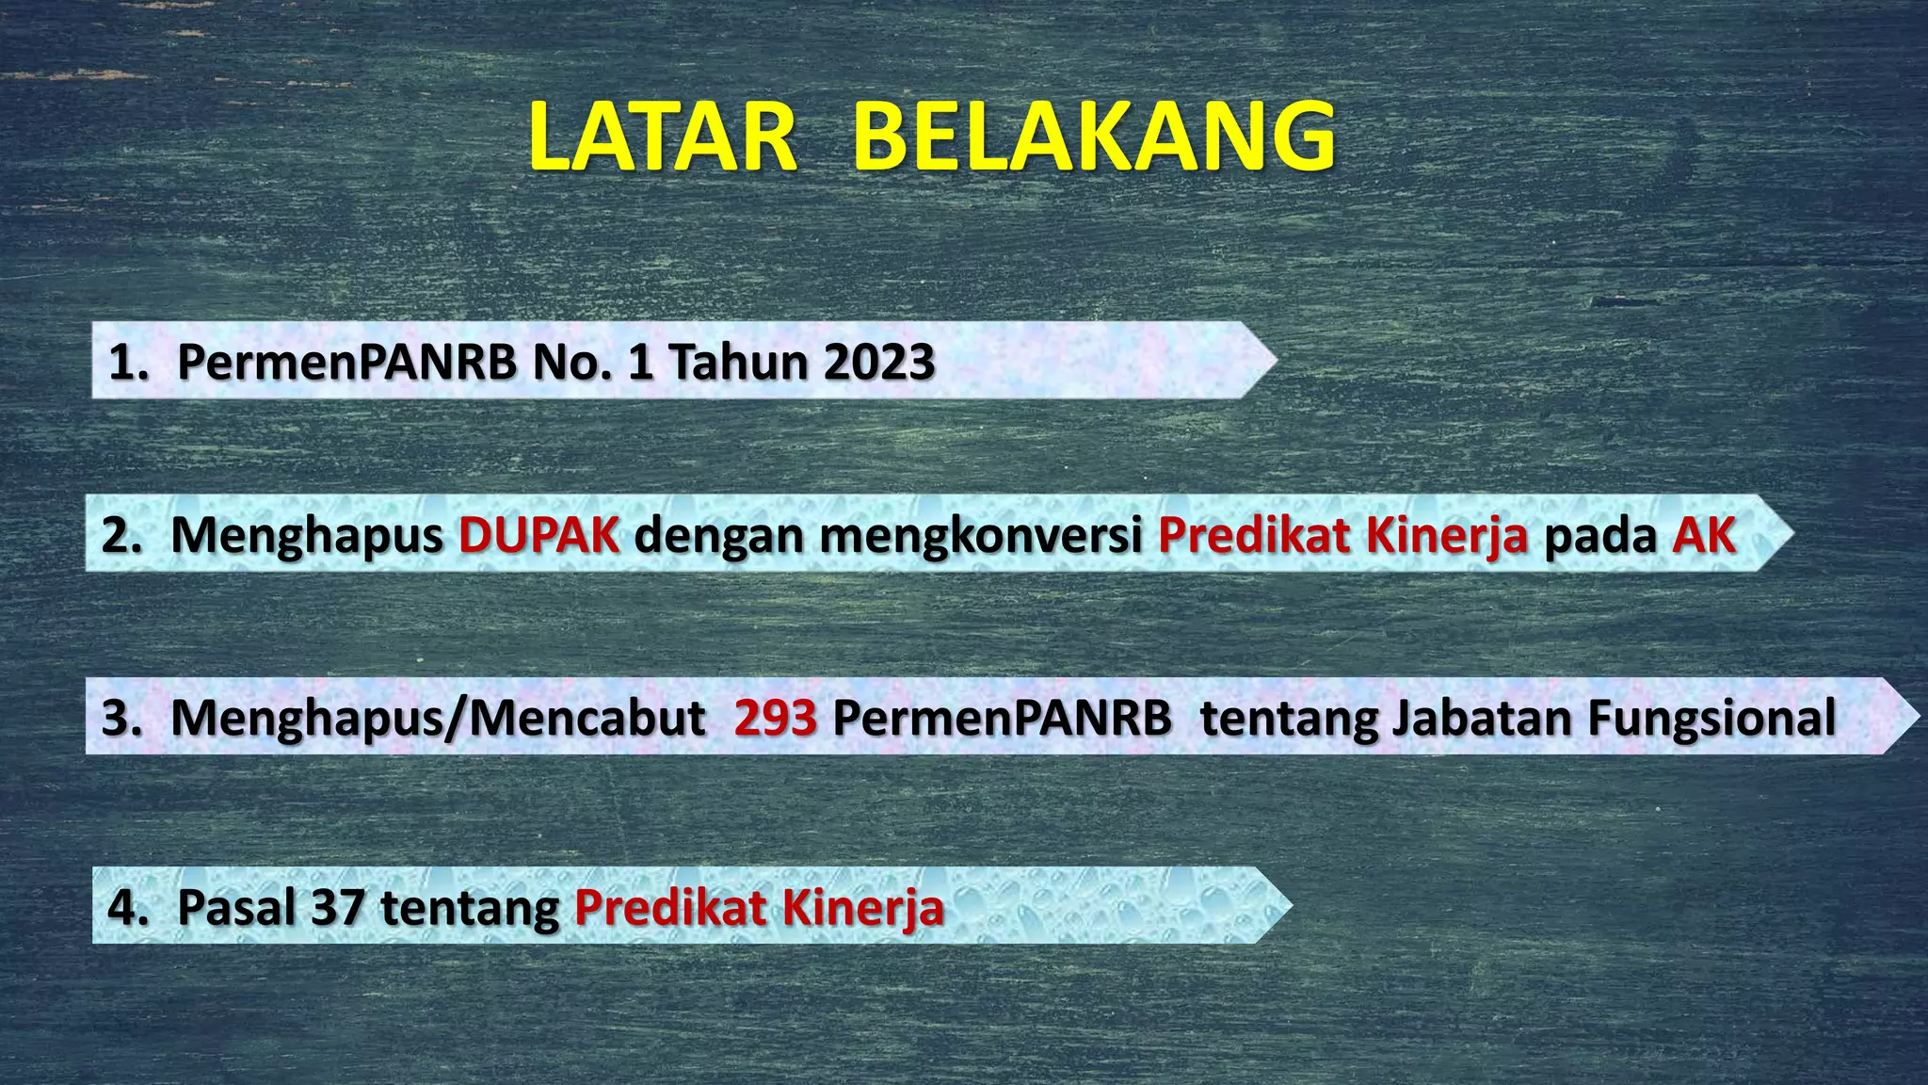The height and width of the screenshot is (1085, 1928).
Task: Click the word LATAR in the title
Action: coord(663,138)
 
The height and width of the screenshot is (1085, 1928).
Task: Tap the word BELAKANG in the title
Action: coord(1094,138)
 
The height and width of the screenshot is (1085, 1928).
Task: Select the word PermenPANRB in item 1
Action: coord(346,363)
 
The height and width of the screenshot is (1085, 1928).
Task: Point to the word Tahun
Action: coord(737,363)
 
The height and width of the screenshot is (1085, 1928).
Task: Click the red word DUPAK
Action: coord(538,536)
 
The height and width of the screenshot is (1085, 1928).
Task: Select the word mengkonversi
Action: coord(981,536)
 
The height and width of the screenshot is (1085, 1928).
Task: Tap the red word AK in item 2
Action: coord(1704,536)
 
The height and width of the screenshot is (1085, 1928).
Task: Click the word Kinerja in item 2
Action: coord(1446,536)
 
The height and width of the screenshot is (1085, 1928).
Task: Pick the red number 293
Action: coord(776,719)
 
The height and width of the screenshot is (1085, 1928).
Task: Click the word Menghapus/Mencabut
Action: coord(438,719)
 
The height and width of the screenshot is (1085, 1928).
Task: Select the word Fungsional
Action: coord(1711,719)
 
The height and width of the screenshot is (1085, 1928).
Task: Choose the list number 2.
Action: coord(120,536)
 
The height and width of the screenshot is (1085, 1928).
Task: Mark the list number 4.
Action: coord(126,908)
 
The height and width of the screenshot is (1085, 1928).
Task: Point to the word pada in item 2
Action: coord(1599,536)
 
